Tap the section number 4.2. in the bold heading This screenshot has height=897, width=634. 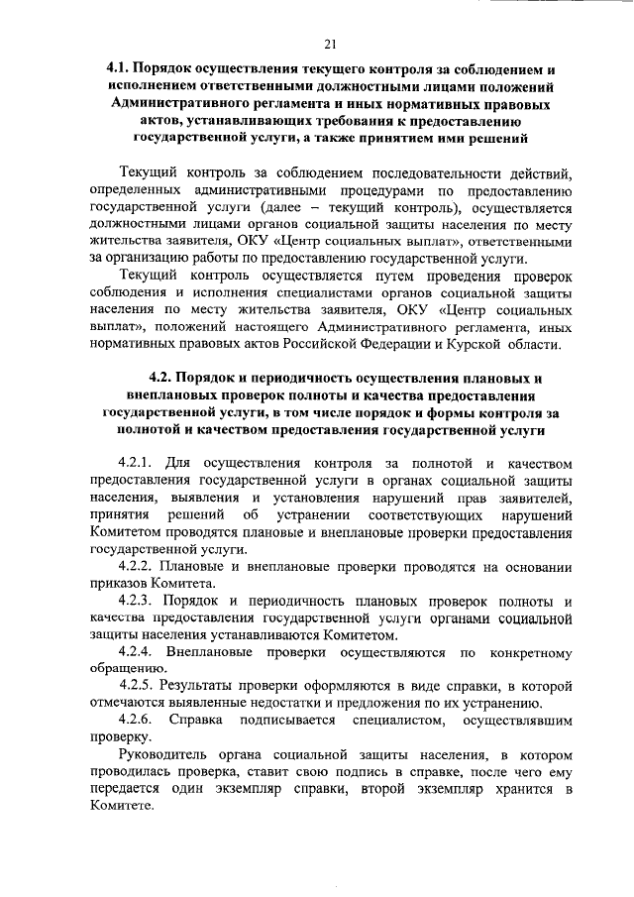162,380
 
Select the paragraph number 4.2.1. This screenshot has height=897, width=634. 138,462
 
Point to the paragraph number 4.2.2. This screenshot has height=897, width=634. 138,566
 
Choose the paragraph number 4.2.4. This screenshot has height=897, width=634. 138,652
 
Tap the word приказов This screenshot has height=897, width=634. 117,583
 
